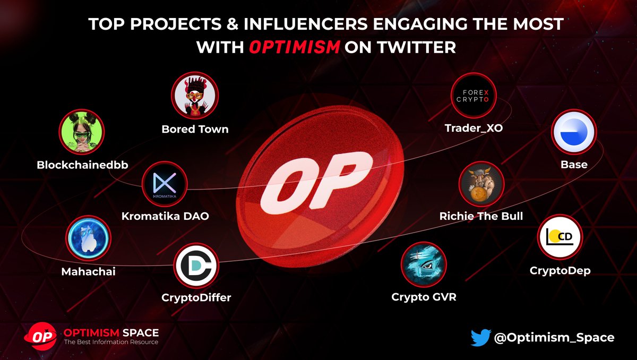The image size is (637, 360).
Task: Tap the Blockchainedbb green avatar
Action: pos(81,133)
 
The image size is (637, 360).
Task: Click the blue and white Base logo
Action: pos(574,133)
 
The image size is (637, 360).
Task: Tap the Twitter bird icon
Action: pos(480,338)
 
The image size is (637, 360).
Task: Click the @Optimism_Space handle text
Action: pos(554,338)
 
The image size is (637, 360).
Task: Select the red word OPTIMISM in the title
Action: pos(294,47)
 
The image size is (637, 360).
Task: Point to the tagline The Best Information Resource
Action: pos(111,342)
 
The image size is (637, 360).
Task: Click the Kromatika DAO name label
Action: pos(165,217)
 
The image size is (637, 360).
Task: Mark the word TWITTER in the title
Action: pos(400,47)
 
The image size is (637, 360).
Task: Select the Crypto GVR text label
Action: pos(424,297)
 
